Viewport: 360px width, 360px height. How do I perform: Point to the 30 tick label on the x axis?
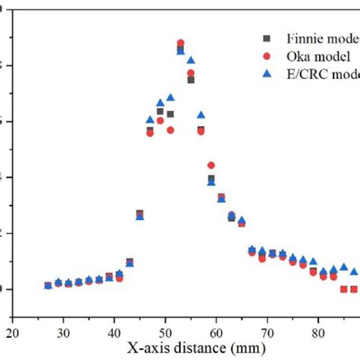point(64,332)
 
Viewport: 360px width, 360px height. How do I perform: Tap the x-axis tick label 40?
point(115,332)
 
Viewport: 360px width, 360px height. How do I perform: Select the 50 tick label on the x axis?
point(166,332)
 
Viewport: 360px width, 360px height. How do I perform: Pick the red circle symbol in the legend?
point(266,56)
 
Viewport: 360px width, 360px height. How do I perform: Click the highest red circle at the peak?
point(181,43)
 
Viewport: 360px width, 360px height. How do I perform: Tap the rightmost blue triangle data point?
point(354,270)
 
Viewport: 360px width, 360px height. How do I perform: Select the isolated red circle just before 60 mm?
point(211,165)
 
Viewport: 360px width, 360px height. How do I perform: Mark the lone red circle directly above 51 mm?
point(171,130)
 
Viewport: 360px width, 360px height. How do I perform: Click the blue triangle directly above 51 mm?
point(171,97)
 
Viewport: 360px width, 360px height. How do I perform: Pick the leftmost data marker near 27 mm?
point(48,286)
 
